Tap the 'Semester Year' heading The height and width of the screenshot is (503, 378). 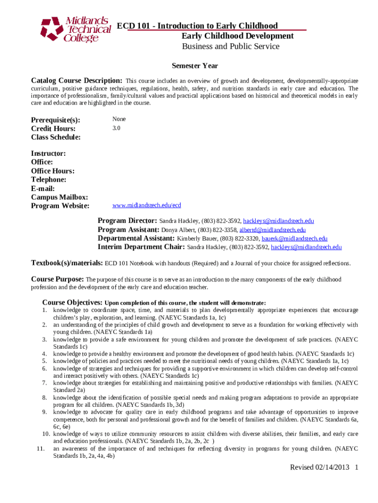pyautogui.click(x=194, y=66)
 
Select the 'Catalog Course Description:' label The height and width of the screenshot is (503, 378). pyautogui.click(x=77, y=81)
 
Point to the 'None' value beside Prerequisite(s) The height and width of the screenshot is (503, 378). pyautogui.click(x=119, y=119)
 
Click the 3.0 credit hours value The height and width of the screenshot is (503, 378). pyautogui.click(x=116, y=128)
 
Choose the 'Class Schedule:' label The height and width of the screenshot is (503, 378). pyautogui.click(x=55, y=137)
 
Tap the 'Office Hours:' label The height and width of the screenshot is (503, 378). pyautogui.click(x=53, y=171)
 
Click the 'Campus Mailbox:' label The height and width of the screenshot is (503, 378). pyautogui.click(x=59, y=197)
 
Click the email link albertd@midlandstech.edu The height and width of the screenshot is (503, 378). pyautogui.click(x=272, y=229)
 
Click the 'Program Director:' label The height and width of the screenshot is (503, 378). pyautogui.click(x=128, y=221)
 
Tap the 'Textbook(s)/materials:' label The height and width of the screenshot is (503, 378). pyautogui.click(x=67, y=263)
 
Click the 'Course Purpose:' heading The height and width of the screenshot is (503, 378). pyautogui.click(x=57, y=279)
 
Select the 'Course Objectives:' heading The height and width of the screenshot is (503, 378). pyautogui.click(x=72, y=302)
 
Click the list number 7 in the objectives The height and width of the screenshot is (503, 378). pyautogui.click(x=44, y=383)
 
